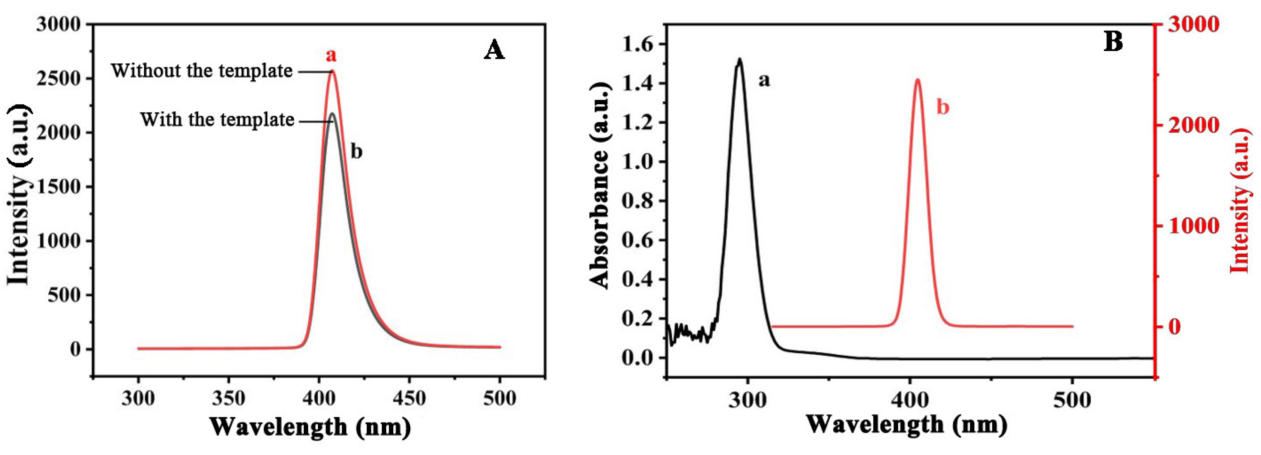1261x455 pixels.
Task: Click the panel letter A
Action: coord(494,50)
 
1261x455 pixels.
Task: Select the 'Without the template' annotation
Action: coord(202,71)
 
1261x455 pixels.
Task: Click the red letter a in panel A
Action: coord(331,55)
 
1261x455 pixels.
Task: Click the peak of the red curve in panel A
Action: coord(332,71)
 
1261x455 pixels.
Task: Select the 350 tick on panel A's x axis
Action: coord(229,398)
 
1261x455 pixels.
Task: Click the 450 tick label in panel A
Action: coord(409,398)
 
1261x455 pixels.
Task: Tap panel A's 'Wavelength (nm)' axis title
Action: coord(310,427)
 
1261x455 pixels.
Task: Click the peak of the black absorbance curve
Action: coord(739,59)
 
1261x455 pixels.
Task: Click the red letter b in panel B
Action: coord(942,107)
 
